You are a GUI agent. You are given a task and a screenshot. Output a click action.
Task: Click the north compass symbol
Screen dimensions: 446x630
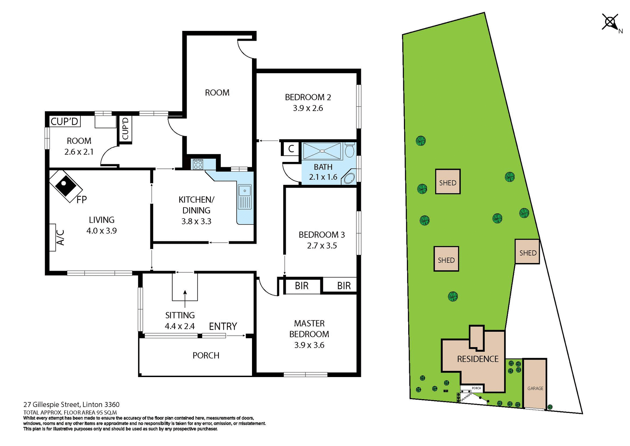pyautogui.click(x=611, y=23)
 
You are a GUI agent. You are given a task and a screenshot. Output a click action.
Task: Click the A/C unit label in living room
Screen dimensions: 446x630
pyautogui.click(x=60, y=237)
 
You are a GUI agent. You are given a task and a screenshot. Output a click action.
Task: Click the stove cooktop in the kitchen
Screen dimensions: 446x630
pyautogui.click(x=198, y=164)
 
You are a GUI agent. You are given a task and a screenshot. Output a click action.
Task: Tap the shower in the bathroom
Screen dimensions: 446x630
pyautogui.click(x=322, y=151)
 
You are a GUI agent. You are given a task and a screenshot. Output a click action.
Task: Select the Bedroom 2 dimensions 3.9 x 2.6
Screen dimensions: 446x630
pyautogui.click(x=308, y=108)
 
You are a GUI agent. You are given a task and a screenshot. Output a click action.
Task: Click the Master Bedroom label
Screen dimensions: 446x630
pyautogui.click(x=309, y=329)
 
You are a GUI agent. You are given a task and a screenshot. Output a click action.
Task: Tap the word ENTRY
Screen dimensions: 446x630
pyautogui.click(x=223, y=326)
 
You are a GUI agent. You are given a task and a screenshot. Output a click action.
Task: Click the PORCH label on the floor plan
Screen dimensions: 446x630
pyautogui.click(x=206, y=355)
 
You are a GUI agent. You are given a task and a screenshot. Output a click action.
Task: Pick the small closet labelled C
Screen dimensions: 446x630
pyautogui.click(x=291, y=149)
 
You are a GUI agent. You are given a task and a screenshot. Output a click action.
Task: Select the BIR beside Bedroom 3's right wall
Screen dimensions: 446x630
pyautogui.click(x=344, y=286)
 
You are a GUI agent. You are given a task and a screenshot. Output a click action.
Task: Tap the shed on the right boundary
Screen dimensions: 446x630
pyautogui.click(x=527, y=252)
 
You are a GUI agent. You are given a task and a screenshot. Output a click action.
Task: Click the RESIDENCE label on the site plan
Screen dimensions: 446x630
pyautogui.click(x=477, y=359)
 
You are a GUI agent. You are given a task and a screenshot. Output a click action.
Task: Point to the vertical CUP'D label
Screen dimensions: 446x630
pyautogui.click(x=125, y=129)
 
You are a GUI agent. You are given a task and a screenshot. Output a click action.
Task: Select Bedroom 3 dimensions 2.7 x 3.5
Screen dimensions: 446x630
pyautogui.click(x=322, y=246)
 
